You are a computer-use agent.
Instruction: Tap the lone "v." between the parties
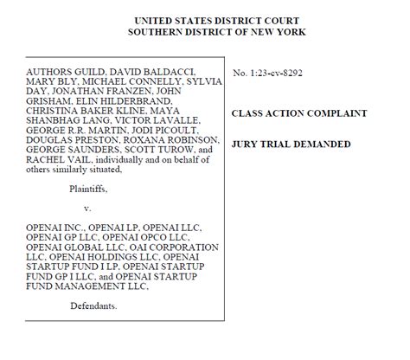(86, 209)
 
